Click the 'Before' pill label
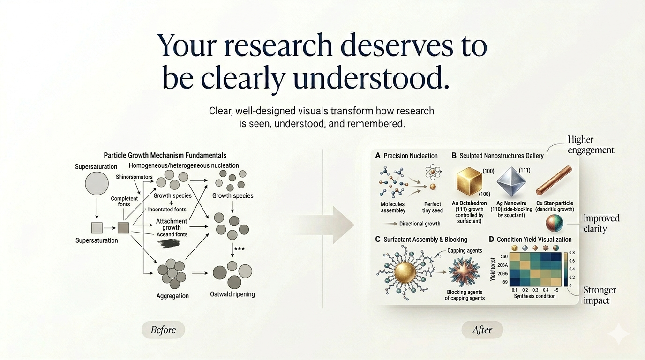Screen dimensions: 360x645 pos(163,330)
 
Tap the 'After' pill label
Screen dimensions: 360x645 pos(482,330)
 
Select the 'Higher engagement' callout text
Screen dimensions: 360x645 pos(590,145)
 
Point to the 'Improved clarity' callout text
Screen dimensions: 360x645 pos(601,224)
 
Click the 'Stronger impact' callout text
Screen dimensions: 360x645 pos(600,295)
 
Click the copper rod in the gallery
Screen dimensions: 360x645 pos(554,180)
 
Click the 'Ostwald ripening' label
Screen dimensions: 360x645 pos(232,294)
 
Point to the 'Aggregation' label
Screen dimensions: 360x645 pos(172,296)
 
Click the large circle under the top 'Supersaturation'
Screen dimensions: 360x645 pos(97,183)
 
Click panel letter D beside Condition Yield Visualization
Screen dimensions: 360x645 pos(491,240)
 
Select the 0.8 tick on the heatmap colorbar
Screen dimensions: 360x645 pos(571,252)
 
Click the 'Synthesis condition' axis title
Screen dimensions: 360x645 pos(534,296)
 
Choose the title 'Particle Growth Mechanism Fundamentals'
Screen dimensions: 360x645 pos(165,155)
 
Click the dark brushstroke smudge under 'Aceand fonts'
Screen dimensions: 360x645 pos(168,243)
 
